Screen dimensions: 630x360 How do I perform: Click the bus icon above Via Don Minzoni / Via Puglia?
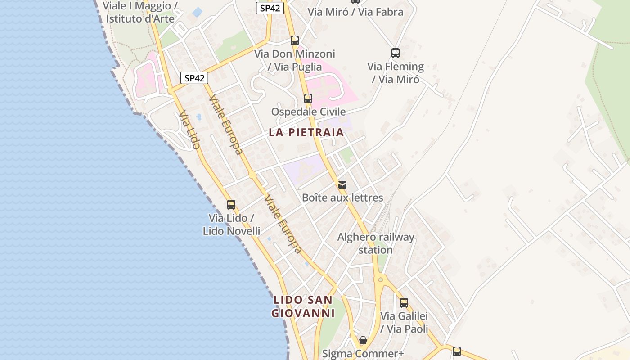(295, 40)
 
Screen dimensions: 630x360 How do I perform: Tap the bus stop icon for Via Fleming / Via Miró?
(396, 53)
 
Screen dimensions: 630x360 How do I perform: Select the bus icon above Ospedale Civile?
(308, 98)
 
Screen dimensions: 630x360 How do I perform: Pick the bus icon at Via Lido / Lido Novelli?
(231, 205)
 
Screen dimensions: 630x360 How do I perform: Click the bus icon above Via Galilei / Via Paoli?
(404, 302)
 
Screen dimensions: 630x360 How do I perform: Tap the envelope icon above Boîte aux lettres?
(342, 184)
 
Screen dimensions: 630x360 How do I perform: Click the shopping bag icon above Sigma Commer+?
(363, 340)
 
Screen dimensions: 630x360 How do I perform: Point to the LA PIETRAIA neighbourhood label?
(306, 132)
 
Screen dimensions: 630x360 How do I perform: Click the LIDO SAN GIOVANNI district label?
(303, 306)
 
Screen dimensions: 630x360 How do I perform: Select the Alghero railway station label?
(376, 243)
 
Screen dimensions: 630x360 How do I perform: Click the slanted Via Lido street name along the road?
(189, 130)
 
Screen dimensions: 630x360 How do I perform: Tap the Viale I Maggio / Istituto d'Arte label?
(140, 12)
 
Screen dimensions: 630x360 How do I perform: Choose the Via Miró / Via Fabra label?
(355, 12)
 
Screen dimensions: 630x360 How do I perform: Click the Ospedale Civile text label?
(308, 112)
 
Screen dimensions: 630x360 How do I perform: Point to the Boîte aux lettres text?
(342, 198)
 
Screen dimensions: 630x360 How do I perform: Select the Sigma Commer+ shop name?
(363, 354)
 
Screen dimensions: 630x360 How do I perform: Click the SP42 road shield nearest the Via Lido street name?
(195, 78)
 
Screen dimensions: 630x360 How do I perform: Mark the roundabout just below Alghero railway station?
(381, 279)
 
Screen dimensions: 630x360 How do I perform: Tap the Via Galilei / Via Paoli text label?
(404, 322)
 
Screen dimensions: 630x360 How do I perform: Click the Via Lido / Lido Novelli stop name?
(231, 225)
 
